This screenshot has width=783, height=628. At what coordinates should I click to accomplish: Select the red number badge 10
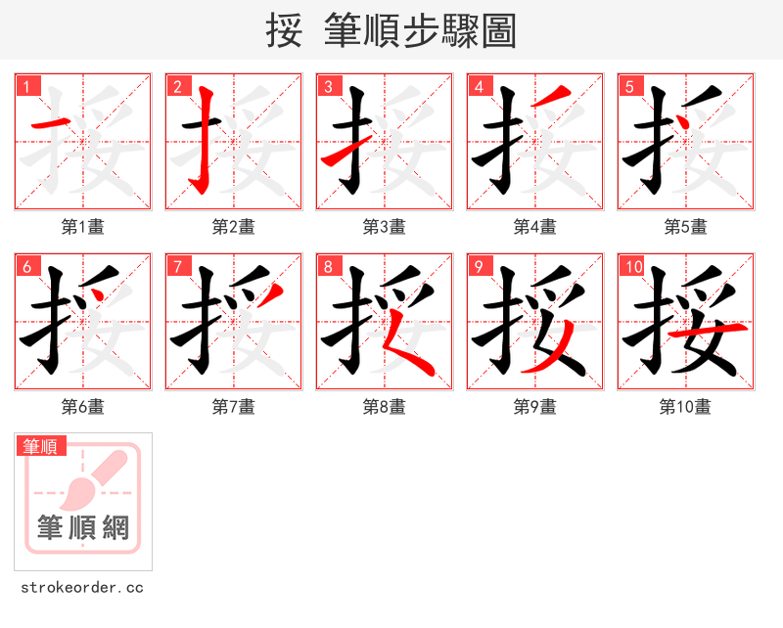point(634,266)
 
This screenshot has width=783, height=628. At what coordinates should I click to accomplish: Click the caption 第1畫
point(83,227)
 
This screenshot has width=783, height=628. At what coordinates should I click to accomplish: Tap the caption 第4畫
point(535,227)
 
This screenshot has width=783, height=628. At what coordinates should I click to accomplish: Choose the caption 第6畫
point(83,407)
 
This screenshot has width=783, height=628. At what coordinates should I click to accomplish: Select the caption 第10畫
point(686,407)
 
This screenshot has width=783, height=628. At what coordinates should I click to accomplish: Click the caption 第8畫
point(385,407)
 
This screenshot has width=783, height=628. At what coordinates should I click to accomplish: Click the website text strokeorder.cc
point(82,588)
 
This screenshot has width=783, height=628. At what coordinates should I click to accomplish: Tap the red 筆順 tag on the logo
point(42,447)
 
